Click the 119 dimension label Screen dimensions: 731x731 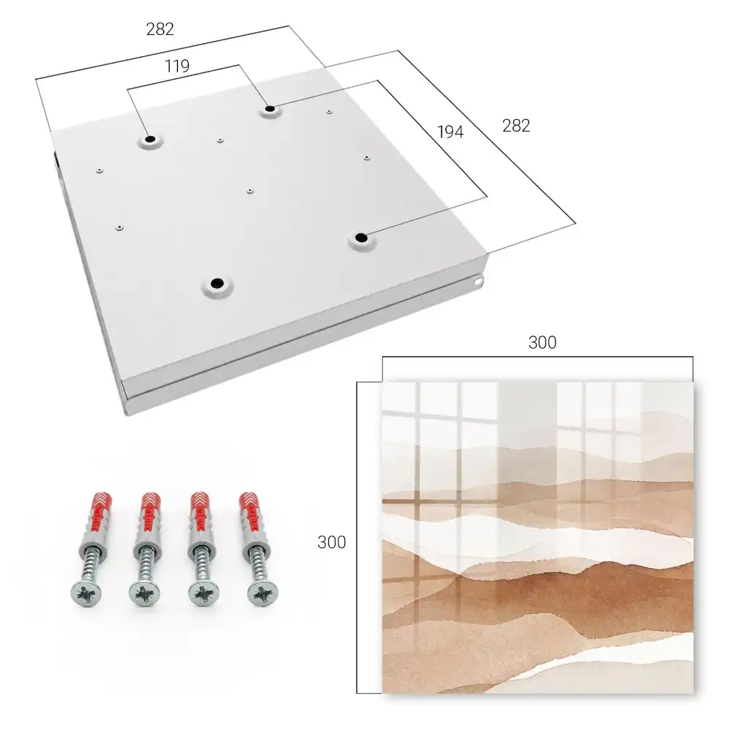(x=177, y=67)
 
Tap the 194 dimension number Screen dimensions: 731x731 (x=450, y=132)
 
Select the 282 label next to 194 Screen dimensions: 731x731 (x=516, y=126)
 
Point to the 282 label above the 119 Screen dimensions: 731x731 (x=160, y=29)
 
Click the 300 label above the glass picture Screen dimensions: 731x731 (x=542, y=343)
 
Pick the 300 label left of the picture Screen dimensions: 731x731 (x=331, y=542)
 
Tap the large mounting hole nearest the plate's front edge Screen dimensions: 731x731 (x=217, y=283)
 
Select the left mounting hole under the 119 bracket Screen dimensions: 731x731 (x=150, y=139)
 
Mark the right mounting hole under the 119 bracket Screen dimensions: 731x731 (x=270, y=109)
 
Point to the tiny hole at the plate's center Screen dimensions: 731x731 (x=250, y=191)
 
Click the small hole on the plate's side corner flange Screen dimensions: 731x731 (x=477, y=281)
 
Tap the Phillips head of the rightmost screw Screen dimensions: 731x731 (x=262, y=594)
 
